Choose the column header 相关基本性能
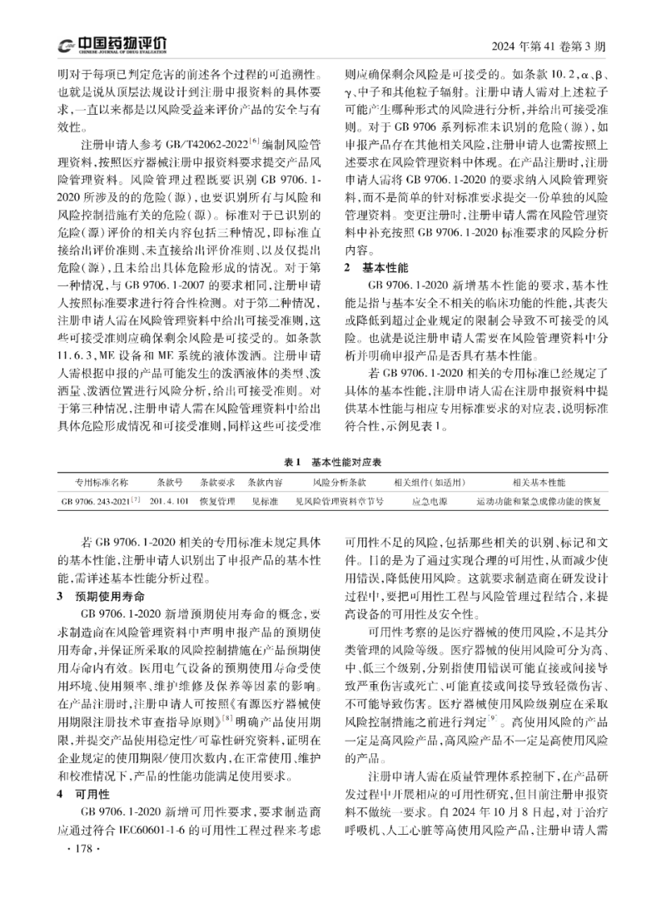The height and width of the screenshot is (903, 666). click(539, 482)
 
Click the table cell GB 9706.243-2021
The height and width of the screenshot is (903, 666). click(98, 502)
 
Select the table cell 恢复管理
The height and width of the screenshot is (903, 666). click(216, 502)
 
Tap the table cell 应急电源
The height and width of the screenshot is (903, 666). click(430, 502)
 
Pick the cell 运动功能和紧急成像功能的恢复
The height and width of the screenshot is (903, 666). click(538, 502)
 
